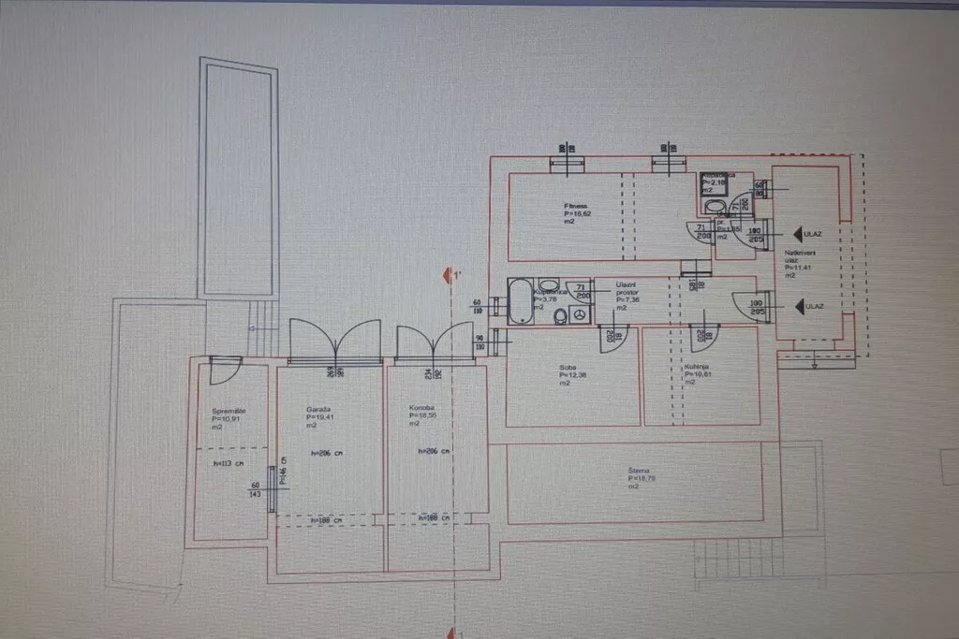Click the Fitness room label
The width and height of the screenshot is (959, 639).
click(575, 206)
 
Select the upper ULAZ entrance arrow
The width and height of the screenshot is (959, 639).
click(802, 235)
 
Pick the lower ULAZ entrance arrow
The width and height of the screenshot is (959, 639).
click(802, 306)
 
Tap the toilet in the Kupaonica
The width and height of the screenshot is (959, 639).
click(560, 316)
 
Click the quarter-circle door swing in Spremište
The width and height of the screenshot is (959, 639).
click(221, 371)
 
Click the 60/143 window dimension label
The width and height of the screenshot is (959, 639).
click(255, 490)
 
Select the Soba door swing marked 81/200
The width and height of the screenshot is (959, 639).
click(612, 338)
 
